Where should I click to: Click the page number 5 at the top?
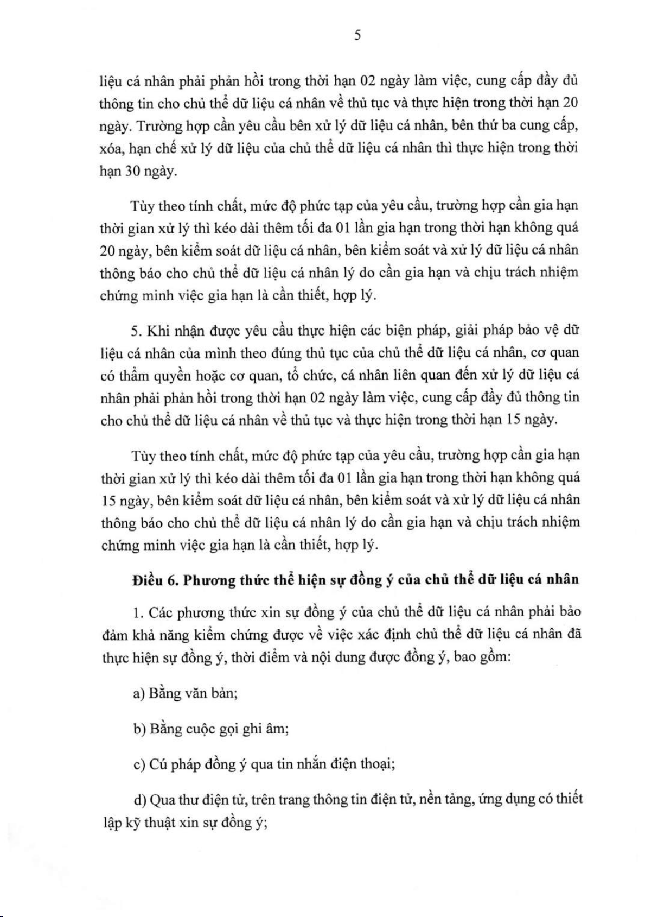(x=357, y=36)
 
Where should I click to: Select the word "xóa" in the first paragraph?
(x=112, y=149)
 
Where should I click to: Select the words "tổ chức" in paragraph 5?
(x=297, y=376)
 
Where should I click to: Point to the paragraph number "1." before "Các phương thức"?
(x=138, y=612)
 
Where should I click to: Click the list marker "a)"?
(x=139, y=693)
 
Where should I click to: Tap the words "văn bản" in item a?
(x=210, y=693)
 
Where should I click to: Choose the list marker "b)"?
(x=139, y=729)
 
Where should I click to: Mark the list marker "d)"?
(x=139, y=800)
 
